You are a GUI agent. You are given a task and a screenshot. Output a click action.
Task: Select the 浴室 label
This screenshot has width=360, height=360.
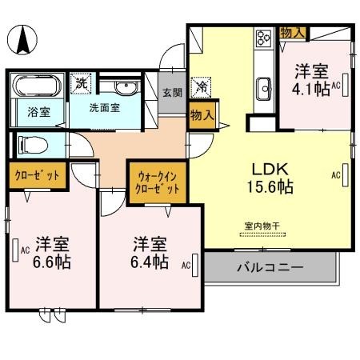pyautogui.click(x=39, y=112)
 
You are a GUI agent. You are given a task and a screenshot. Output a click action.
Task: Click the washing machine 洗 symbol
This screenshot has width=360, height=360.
pyautogui.click(x=81, y=81)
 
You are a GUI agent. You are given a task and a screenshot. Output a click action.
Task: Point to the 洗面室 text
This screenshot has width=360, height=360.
pyautogui.click(x=105, y=108)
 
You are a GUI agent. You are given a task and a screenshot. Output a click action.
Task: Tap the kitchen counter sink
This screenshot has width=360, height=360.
pyautogui.click(x=263, y=86)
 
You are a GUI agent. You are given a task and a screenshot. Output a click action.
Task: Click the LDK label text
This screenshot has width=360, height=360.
pyautogui.click(x=270, y=170)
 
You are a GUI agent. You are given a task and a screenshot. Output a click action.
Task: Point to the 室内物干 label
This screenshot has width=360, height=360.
pyautogui.click(x=262, y=226)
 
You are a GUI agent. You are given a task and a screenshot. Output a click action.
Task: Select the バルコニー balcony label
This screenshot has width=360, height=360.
pyautogui.click(x=269, y=266)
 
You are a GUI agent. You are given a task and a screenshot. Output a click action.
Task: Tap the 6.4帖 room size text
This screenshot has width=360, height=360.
pyautogui.click(x=150, y=261)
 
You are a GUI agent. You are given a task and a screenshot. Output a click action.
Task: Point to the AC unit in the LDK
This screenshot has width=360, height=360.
pyautogui.click(x=346, y=174)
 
